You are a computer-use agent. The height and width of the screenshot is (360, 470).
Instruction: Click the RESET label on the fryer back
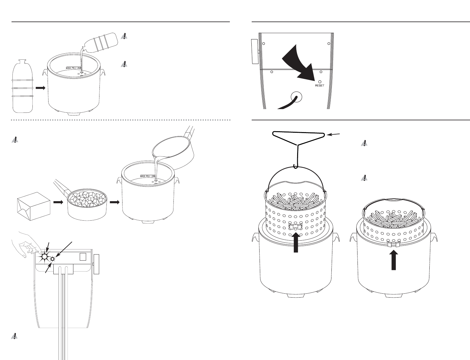pyautogui.click(x=320, y=86)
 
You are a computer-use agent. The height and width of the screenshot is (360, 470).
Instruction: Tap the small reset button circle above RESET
pyautogui.click(x=320, y=82)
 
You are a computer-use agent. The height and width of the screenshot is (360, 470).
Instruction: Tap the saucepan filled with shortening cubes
pyautogui.click(x=87, y=205)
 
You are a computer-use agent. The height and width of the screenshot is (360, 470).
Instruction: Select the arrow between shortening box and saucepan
pyautogui.click(x=58, y=202)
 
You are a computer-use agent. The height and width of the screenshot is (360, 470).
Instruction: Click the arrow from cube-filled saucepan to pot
pyautogui.click(x=115, y=202)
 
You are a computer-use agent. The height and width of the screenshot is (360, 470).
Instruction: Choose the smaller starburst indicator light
pyautogui.click(x=53, y=259)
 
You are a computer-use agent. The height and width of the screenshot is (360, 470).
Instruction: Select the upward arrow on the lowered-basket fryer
pyautogui.click(x=394, y=261)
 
